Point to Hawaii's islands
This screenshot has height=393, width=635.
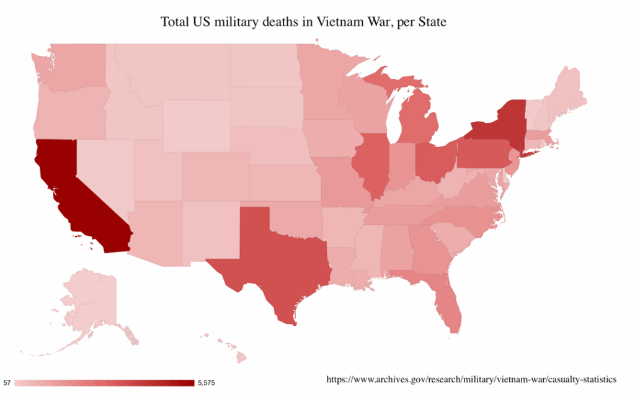(236, 354)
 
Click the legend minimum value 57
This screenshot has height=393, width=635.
(7, 382)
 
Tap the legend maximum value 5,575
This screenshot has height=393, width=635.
(206, 382)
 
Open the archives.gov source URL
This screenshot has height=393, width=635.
(471, 378)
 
